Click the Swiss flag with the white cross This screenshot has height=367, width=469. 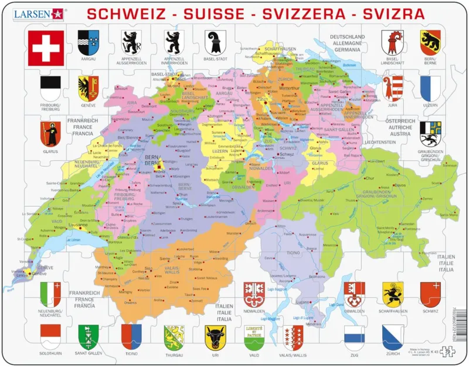click(46, 47)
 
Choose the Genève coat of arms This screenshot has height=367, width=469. click(88, 86)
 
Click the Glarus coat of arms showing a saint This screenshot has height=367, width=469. click(50, 133)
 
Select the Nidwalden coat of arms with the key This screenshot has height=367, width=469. click(253, 293)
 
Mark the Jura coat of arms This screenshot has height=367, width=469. click(392, 87)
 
